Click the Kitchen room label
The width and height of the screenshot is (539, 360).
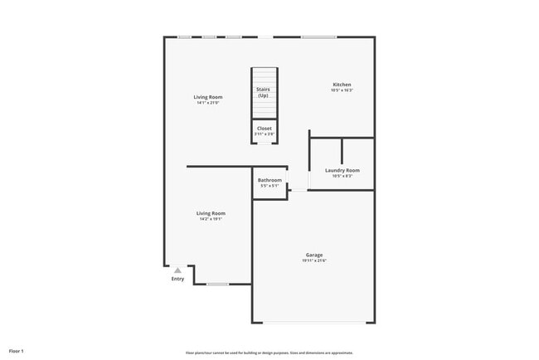click(x=342, y=85)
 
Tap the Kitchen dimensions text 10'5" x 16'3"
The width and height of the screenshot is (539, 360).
click(x=342, y=90)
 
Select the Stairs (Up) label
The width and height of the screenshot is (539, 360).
click(x=263, y=92)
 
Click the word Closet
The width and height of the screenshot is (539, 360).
click(x=264, y=129)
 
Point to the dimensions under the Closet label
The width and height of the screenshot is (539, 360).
click(x=264, y=134)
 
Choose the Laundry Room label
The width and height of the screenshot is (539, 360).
click(x=342, y=170)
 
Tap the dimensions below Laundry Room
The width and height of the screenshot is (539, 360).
click(x=342, y=176)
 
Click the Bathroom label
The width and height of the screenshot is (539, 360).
click(x=269, y=180)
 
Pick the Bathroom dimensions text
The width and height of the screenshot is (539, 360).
click(x=269, y=186)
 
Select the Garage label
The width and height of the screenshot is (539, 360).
click(x=314, y=255)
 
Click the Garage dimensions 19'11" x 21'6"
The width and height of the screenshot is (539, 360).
click(x=314, y=260)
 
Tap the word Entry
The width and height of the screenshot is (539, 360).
click(x=177, y=279)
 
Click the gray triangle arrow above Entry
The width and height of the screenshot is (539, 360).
click(x=177, y=270)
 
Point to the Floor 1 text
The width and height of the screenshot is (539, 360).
click(x=17, y=352)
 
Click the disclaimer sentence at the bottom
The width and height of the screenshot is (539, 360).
click(x=269, y=353)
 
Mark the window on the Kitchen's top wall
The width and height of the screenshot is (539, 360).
click(x=318, y=36)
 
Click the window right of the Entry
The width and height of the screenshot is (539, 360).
click(x=217, y=285)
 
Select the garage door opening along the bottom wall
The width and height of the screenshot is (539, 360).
click(x=314, y=323)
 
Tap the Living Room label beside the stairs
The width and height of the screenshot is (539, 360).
click(x=209, y=97)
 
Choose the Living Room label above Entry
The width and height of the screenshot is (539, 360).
click(x=211, y=213)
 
